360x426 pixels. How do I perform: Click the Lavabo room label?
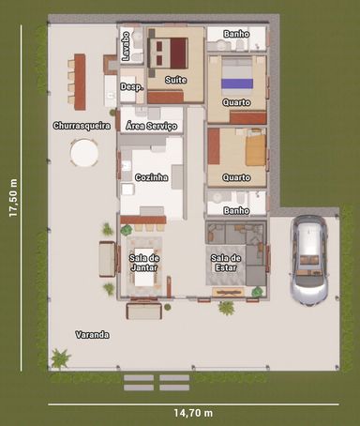pos(126,46)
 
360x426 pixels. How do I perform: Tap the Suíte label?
pos(176,80)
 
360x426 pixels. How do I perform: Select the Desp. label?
pos(132,87)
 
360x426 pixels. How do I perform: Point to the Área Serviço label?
pos(151,126)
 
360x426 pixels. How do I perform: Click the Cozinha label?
pos(151,177)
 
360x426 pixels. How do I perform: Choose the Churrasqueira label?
pos(82,126)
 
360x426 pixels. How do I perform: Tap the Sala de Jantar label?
pos(144,263)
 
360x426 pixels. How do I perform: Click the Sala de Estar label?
pos(226,263)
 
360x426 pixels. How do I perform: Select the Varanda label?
pos(92,335)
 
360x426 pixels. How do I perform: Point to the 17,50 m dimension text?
pos(13,198)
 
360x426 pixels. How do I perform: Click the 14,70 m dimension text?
pos(193,413)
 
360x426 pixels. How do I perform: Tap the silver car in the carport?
pos(309,260)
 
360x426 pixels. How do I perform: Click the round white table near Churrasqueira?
pos(84,153)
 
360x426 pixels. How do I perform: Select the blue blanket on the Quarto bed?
pos(237,84)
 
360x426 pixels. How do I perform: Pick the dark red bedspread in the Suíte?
pos(178,53)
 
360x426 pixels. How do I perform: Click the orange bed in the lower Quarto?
pos(256,150)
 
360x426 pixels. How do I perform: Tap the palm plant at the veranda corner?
pos(60,358)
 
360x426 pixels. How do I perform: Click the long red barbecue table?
pos(80,82)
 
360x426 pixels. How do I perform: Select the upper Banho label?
pos(236,34)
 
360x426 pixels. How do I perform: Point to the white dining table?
pos(144,266)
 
